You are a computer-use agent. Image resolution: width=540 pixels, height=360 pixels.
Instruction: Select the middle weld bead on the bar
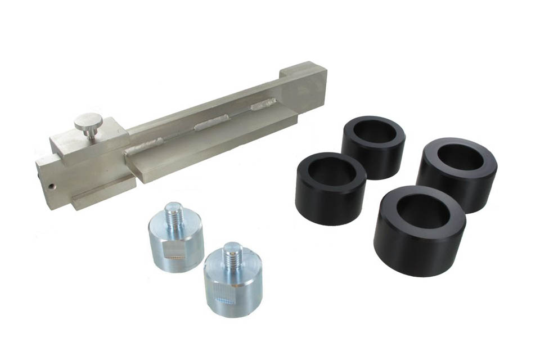pyautogui.click(x=211, y=123)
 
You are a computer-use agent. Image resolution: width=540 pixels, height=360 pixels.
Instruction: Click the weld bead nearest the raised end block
pyautogui.click(x=263, y=104)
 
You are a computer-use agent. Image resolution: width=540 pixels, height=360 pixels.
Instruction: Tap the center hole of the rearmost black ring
pyautogui.click(x=374, y=132)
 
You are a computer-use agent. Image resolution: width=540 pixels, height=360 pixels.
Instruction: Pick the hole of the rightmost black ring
pyautogui.click(x=460, y=157)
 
